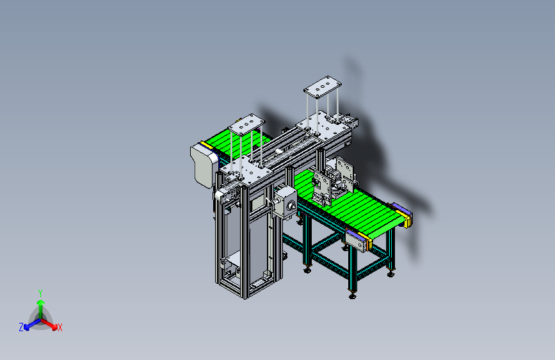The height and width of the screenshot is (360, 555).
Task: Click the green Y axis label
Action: [x=40, y=293]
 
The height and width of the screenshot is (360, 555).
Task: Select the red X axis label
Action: [x=60, y=327]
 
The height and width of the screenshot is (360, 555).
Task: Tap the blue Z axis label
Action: [x=21, y=327]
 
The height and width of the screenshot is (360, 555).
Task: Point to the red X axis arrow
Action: [x=49, y=324]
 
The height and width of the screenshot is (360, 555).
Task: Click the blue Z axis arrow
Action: [x=33, y=324]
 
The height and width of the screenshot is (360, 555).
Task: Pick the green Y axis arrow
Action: [x=41, y=309]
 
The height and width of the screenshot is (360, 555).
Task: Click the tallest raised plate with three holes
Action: [x=323, y=86]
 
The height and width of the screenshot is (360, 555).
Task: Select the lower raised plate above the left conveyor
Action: [x=246, y=124]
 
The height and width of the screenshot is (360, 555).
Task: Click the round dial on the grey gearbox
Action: [x=291, y=206]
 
